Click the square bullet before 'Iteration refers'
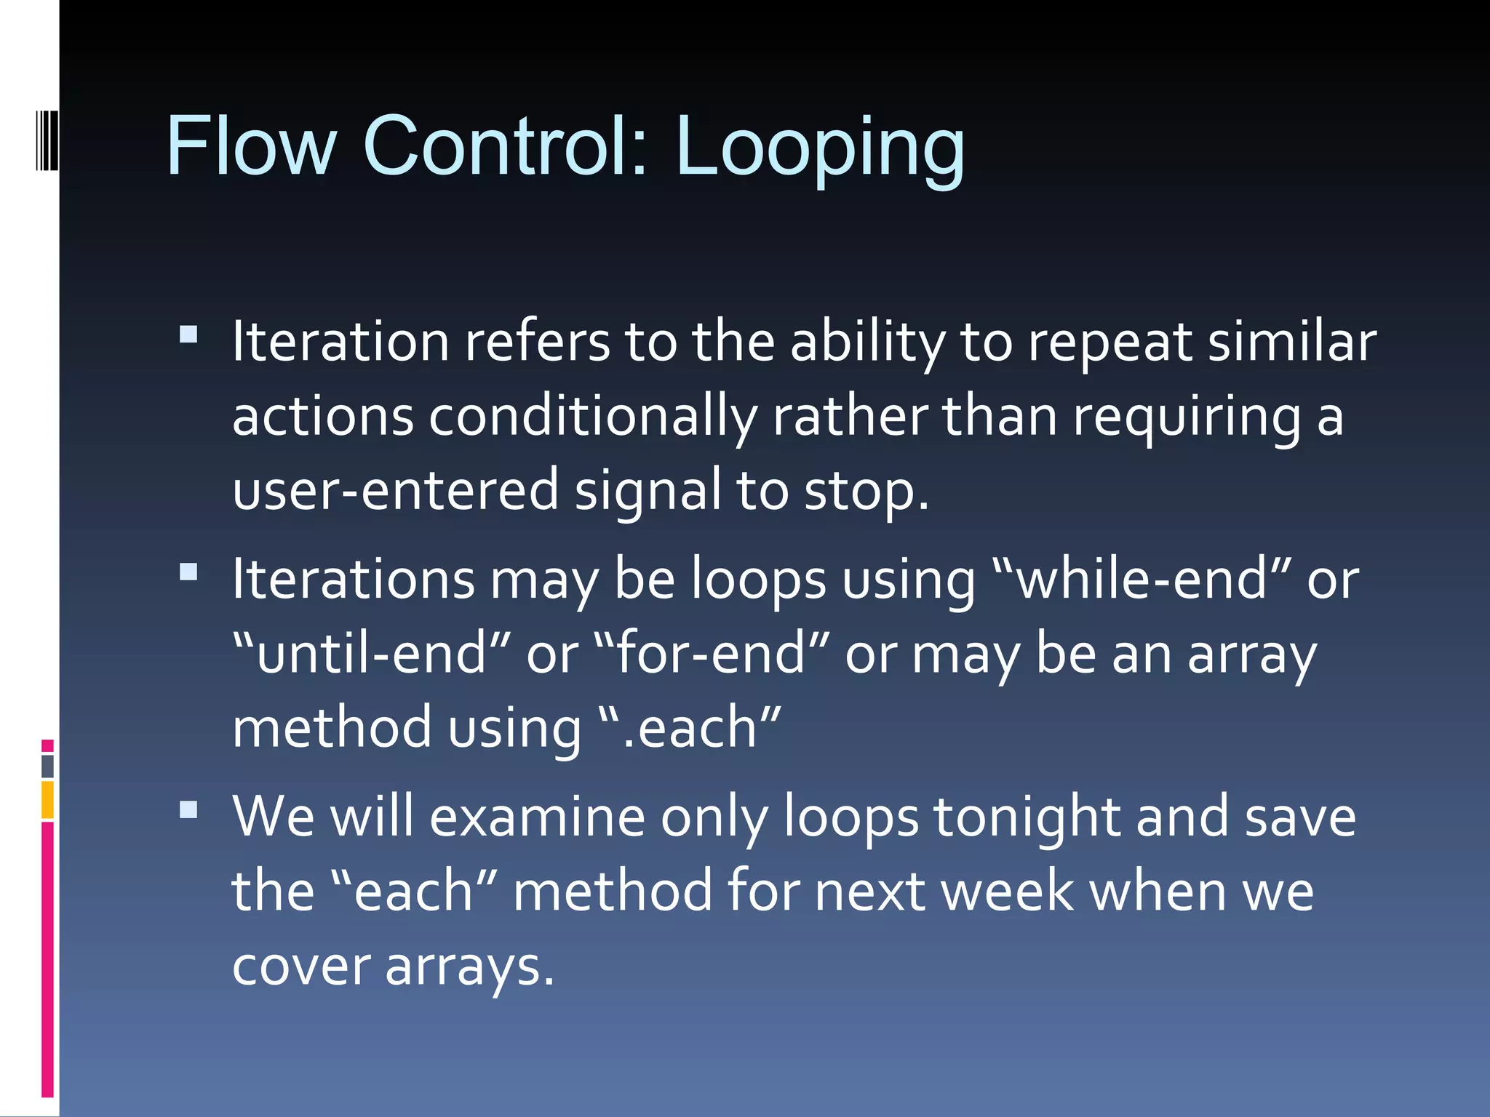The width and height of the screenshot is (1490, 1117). pos(188,334)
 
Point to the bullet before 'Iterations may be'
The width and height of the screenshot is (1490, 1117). pos(188,572)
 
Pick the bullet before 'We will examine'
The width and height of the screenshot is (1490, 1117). pos(188,809)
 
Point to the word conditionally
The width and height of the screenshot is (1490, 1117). pos(593,417)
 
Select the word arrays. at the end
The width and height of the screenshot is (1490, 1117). pos(469,967)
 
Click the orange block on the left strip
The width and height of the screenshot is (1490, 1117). pos(47,799)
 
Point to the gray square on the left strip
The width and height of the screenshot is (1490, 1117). pos(47,766)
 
